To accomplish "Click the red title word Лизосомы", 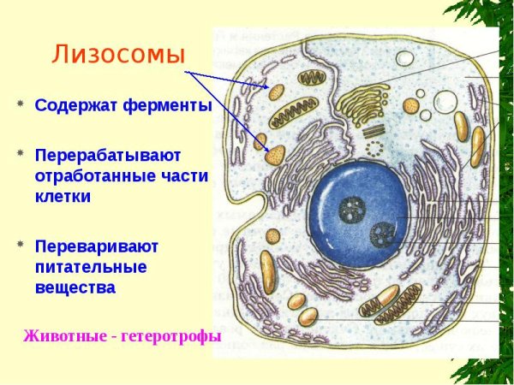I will tap(119, 55).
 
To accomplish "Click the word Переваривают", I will tap(97, 246).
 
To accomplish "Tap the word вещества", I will tap(75, 287).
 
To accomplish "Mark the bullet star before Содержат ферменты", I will tap(19, 105).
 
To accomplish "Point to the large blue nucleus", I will tap(360, 218).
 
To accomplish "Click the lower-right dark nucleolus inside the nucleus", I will tap(382, 231).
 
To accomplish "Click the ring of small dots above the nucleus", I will tap(374, 147).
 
